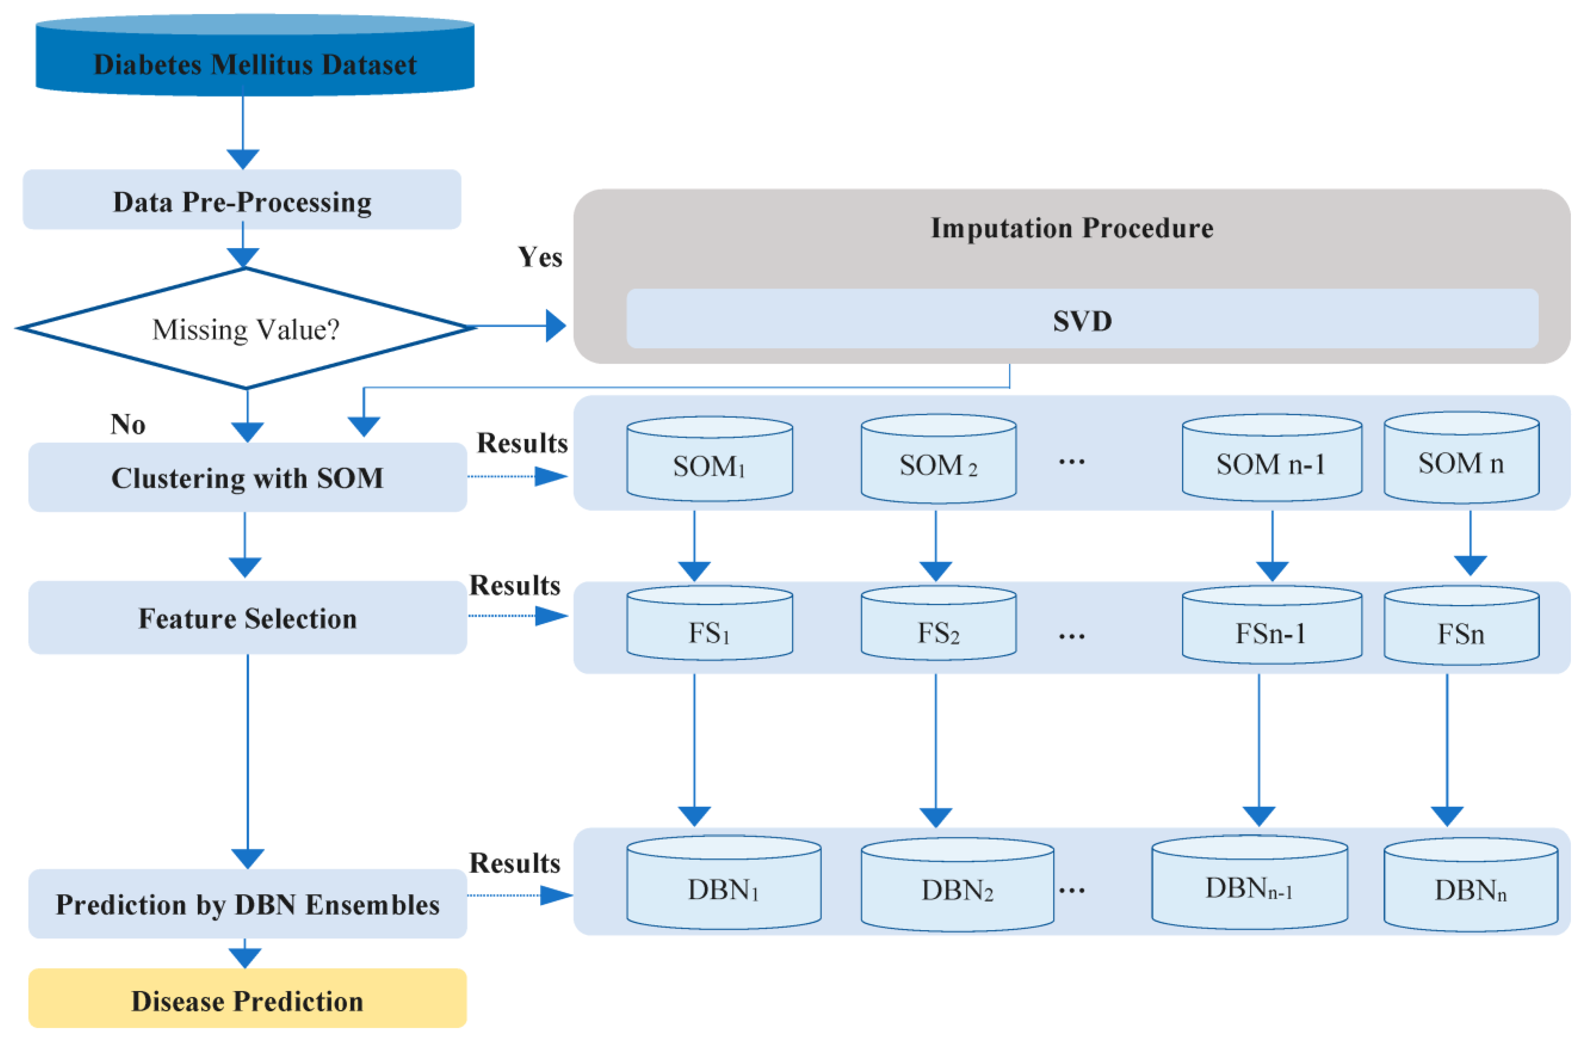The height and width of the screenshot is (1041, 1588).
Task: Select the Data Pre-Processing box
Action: tap(242, 201)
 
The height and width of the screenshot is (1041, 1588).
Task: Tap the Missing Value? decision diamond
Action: tap(246, 328)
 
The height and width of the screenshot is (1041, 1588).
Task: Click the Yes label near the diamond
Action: tap(540, 257)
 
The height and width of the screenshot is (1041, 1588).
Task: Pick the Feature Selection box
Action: tap(247, 618)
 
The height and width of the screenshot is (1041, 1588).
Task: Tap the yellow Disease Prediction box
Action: tap(247, 1000)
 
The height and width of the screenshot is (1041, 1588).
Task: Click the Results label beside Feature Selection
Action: tap(514, 585)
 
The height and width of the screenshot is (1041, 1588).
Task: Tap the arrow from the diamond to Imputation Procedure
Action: tap(520, 326)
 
